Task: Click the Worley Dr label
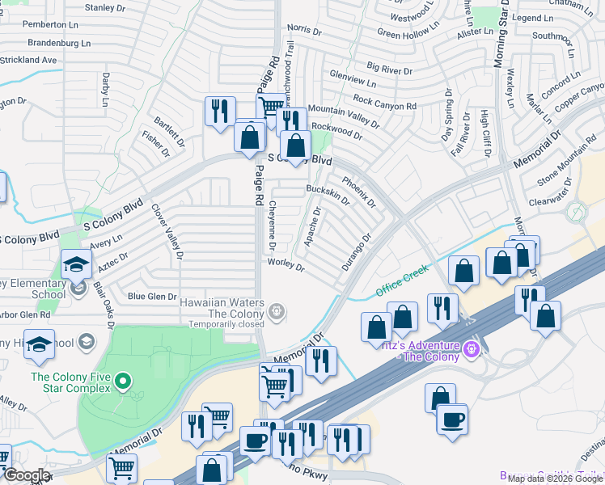coord(286,264)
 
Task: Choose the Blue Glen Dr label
coord(146,297)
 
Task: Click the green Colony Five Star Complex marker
coord(122,379)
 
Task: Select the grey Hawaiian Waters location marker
coord(277,310)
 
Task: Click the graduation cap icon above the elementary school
coord(76,264)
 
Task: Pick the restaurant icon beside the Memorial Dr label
coord(322,360)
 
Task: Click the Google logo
coord(26,475)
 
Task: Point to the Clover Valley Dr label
coord(167,230)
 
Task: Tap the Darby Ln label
coord(105,89)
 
